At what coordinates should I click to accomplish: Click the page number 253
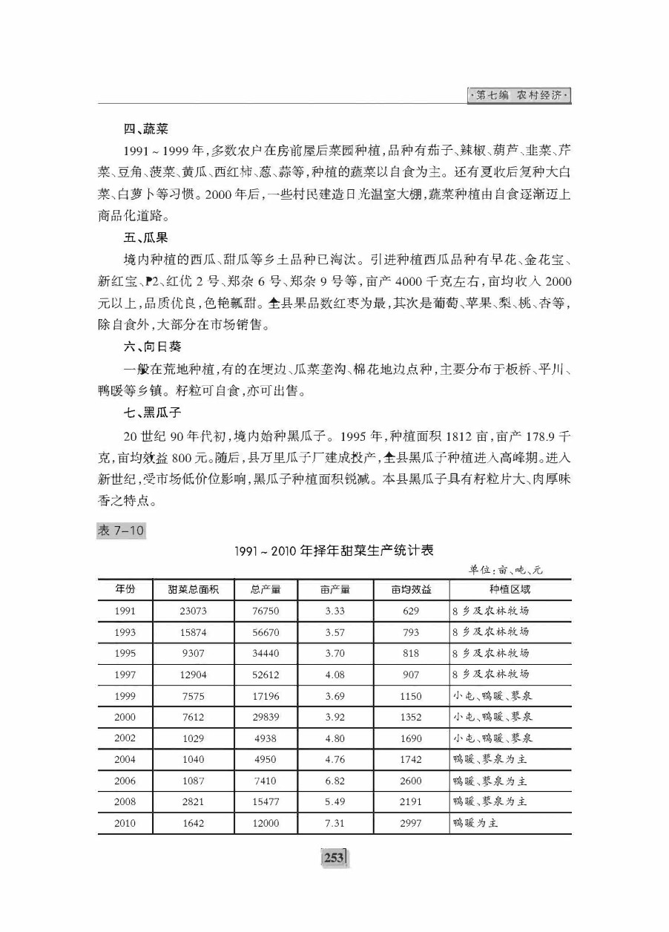tap(334, 858)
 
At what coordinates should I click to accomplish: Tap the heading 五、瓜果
tap(145, 238)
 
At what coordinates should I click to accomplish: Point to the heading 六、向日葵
tap(152, 347)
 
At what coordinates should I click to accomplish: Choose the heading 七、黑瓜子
tap(152, 410)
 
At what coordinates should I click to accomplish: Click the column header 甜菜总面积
tap(192, 589)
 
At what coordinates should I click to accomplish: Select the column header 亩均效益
tap(410, 589)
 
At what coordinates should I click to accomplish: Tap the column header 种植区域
tap(510, 589)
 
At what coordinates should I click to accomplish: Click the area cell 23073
tap(192, 611)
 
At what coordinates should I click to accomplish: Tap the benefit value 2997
tap(410, 824)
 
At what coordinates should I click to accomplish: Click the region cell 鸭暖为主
tap(479, 824)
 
